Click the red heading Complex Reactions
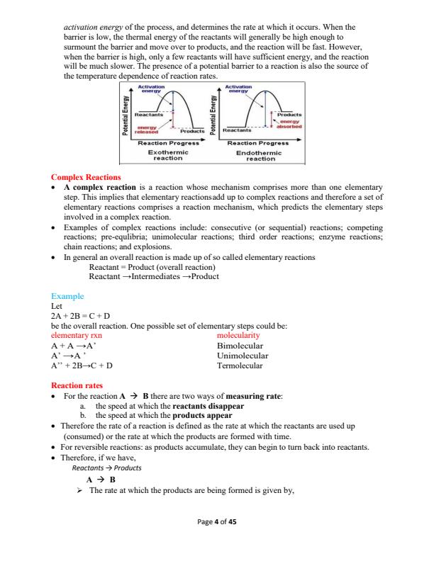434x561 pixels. pos(86,176)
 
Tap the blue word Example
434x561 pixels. pos(67,296)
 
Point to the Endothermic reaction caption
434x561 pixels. pos(260,155)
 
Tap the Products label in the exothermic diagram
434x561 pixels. pos(192,131)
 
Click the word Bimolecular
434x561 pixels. pos(241,346)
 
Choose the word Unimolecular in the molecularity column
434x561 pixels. pos(243,356)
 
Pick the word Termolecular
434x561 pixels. pos(242,365)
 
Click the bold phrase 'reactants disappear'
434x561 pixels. pos(208,407)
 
